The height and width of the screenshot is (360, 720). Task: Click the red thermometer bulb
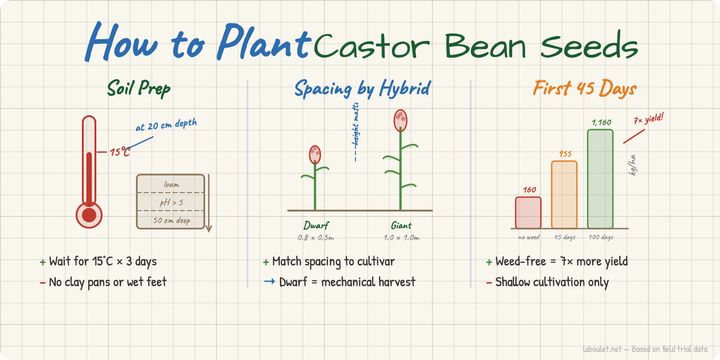pos(89,215)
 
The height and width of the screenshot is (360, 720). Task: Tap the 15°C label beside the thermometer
pos(120,152)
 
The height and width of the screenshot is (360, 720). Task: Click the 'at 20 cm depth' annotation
pos(166,125)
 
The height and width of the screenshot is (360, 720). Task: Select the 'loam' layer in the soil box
pos(171,184)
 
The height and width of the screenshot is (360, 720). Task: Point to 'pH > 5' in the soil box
pos(171,202)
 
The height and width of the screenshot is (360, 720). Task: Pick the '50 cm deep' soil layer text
pos(171,220)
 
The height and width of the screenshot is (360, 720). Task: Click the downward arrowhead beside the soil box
pos(209,228)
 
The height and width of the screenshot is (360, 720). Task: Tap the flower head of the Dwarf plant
pos(315,154)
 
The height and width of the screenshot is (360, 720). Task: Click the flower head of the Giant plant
pos(400,120)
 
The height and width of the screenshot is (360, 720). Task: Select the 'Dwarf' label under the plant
pos(316,225)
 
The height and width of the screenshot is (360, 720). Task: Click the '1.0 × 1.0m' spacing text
pos(401,238)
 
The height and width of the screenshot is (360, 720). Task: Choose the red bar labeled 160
pos(528,213)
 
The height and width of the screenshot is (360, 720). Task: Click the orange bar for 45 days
pos(564,195)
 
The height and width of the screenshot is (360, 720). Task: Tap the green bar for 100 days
pos(600,179)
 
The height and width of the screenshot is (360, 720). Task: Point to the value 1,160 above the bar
pos(601,122)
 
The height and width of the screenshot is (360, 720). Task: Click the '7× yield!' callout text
pos(648,119)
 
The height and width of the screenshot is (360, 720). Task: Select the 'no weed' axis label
pos(528,237)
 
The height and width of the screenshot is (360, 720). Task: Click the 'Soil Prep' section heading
pos(139,88)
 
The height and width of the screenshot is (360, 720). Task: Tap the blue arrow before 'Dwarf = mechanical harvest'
pos(269,282)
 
